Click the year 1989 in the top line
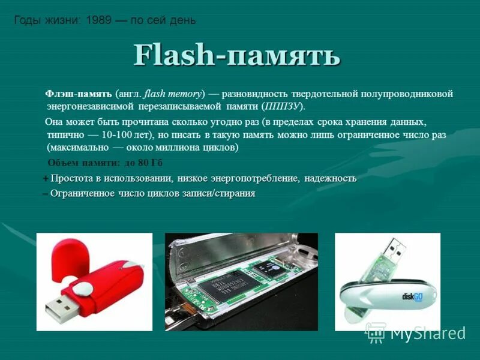tap(98, 20)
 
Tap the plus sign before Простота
tap(46, 179)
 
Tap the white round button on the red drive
tap(86, 287)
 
